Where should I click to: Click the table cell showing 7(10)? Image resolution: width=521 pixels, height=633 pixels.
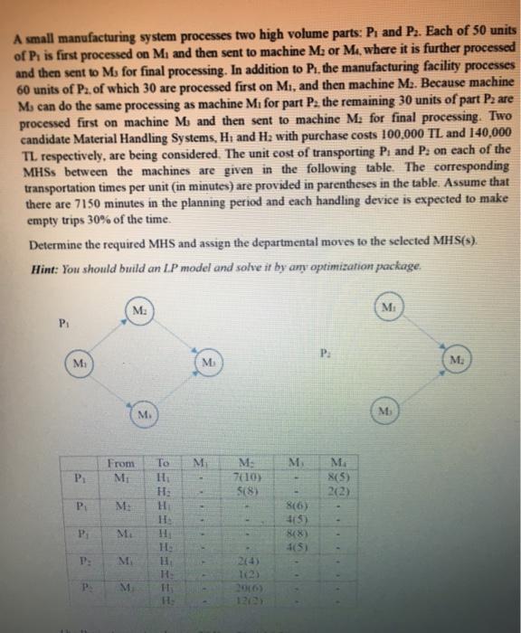(242, 477)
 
